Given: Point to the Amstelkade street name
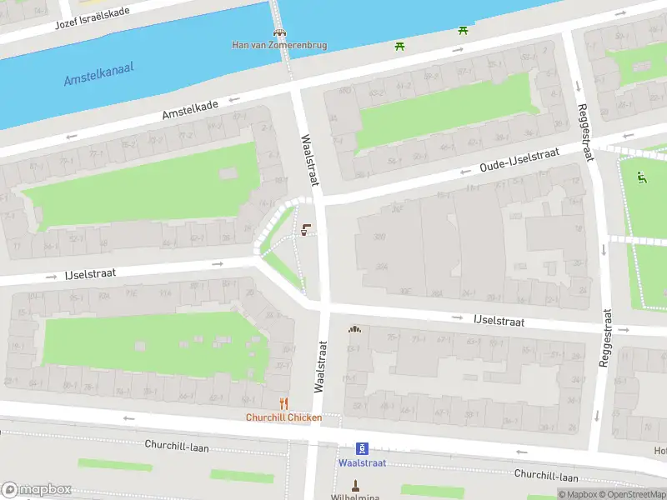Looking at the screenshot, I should pyautogui.click(x=190, y=108).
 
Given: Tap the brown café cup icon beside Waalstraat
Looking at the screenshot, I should pyautogui.click(x=307, y=230).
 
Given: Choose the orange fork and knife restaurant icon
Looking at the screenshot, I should pyautogui.click(x=283, y=404).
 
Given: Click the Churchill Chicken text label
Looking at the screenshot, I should pyautogui.click(x=283, y=417).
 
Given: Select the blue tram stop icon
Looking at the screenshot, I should pyautogui.click(x=362, y=448).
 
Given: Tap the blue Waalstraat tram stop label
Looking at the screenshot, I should pyautogui.click(x=362, y=462).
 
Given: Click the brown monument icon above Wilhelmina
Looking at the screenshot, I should pyautogui.click(x=355, y=485).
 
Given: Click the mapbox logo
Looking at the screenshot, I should pyautogui.click(x=37, y=489).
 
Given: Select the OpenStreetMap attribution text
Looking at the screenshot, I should pyautogui.click(x=631, y=494).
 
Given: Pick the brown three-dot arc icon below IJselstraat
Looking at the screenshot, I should pyautogui.click(x=355, y=329).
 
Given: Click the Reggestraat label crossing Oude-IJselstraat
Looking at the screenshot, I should pyautogui.click(x=585, y=133).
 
